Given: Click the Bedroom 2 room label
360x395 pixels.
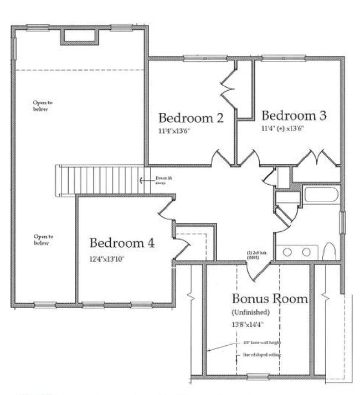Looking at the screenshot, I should tap(191, 118).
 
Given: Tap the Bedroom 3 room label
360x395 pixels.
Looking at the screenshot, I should tap(294, 116).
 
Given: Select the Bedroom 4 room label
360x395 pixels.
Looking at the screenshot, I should tap(122, 243).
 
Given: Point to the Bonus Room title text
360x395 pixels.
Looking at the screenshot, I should tap(269, 299).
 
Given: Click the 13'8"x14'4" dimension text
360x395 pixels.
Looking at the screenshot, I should tap(248, 325).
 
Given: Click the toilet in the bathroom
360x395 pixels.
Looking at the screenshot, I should tap(330, 252).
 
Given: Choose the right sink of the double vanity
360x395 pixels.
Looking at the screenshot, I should tap(306, 252).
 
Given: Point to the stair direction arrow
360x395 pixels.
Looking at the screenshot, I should tap(143, 180).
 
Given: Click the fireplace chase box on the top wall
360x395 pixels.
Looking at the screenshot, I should tap(80, 36).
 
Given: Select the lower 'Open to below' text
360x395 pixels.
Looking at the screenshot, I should tap(41, 240).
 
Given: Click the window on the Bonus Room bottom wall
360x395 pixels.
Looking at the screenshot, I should tap(257, 378).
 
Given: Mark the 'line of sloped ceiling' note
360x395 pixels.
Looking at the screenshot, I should tap(261, 355).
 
